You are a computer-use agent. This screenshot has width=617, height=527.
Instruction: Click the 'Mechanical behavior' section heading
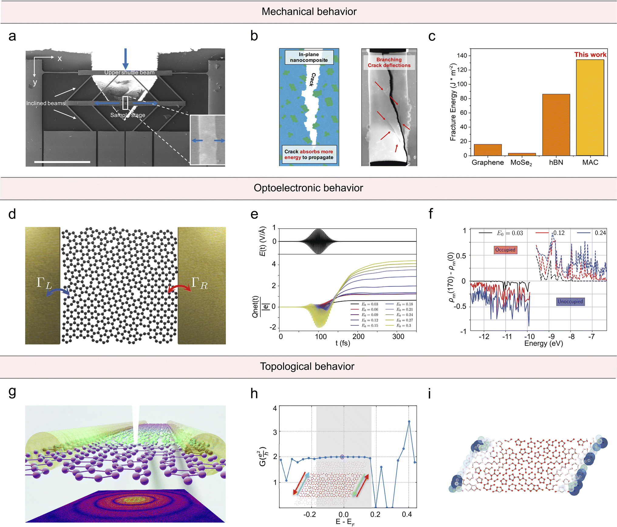(x=309, y=12)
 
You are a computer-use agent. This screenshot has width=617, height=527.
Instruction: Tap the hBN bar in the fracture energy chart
(x=556, y=125)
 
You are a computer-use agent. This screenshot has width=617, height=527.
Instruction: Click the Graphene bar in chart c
(x=488, y=150)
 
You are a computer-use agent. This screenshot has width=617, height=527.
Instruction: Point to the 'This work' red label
(x=590, y=55)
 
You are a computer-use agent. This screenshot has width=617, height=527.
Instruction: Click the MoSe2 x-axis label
(x=521, y=163)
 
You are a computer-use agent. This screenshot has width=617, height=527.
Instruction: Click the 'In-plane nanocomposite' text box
(x=309, y=57)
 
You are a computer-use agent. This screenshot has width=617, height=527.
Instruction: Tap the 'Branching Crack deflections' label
(x=389, y=62)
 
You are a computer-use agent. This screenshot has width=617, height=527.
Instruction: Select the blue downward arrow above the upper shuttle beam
(x=125, y=58)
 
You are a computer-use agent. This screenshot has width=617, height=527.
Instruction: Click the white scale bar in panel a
(x=62, y=162)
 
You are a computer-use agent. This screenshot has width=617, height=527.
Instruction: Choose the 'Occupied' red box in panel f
(x=505, y=250)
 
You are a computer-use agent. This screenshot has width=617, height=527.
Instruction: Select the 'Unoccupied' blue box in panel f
(x=570, y=301)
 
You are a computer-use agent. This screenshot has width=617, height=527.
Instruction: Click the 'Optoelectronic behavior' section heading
(x=308, y=188)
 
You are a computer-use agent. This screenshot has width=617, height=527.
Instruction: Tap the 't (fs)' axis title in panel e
(x=343, y=343)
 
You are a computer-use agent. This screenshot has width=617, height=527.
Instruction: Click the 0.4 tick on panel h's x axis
(x=407, y=515)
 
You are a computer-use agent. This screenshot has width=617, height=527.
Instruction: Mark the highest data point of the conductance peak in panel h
(x=409, y=421)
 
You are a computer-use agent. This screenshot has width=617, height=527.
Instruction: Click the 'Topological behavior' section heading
(x=307, y=366)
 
